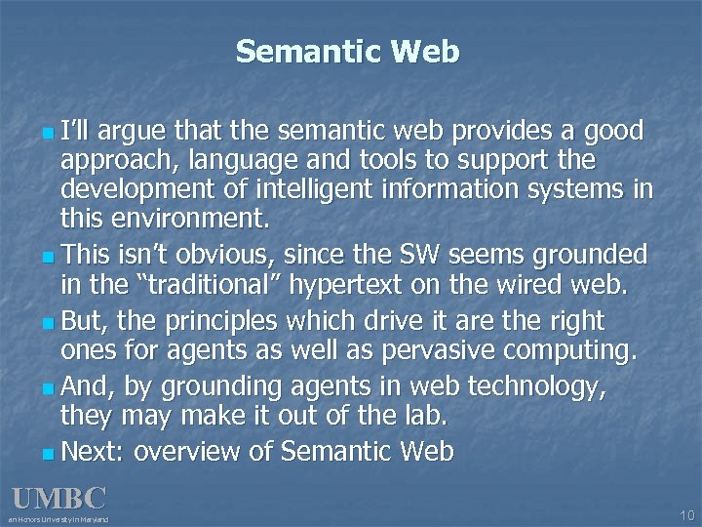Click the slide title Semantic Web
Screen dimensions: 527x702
click(347, 51)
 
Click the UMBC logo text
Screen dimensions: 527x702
click(58, 498)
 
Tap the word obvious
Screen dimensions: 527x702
click(227, 256)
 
